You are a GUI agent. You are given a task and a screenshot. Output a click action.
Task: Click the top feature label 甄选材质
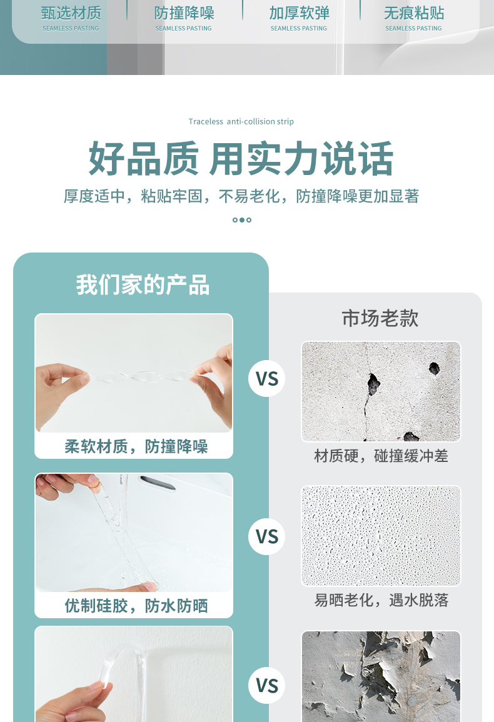[71, 13]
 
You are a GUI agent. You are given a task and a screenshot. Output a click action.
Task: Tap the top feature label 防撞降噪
[184, 13]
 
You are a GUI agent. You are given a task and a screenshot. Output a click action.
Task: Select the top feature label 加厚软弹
[299, 13]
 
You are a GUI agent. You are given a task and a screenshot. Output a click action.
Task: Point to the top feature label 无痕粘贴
[414, 13]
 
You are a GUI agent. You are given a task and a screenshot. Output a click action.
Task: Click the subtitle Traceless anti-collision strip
[241, 121]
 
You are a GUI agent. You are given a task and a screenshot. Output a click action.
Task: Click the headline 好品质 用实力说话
[241, 159]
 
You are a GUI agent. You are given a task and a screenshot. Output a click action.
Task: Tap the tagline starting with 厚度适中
[241, 196]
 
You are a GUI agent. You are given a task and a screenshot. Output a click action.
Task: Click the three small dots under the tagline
[242, 220]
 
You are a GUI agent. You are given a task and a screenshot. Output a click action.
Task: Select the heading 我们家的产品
[143, 284]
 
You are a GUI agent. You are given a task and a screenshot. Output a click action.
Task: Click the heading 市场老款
[380, 318]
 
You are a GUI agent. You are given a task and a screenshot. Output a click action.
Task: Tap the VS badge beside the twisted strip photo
[267, 378]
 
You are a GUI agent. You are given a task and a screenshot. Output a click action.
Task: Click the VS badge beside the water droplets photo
[267, 536]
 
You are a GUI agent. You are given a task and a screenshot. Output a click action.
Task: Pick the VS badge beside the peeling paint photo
[267, 686]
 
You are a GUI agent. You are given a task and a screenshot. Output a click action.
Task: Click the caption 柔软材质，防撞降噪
[136, 446]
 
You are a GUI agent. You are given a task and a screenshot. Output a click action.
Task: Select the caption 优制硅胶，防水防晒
[136, 606]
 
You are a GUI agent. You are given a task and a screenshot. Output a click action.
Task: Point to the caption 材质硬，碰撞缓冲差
[381, 456]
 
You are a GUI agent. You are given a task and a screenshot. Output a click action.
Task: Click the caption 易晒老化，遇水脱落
[381, 600]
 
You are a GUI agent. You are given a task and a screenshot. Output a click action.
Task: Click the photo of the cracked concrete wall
[381, 391]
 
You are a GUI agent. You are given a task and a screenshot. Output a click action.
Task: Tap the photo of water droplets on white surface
[381, 536]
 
